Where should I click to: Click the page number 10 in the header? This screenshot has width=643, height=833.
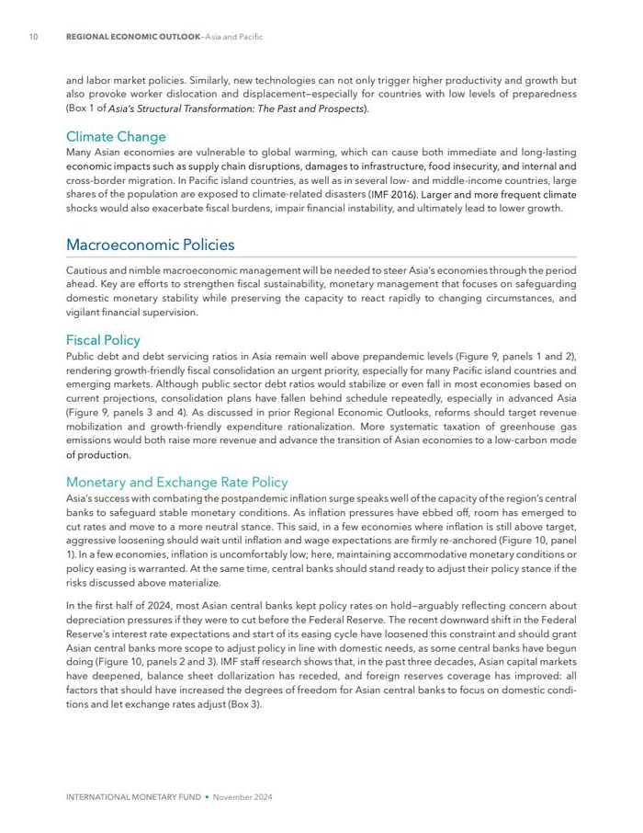point(33,37)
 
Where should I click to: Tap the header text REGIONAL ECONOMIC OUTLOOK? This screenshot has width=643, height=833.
point(133,37)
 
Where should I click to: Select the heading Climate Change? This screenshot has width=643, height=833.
point(116,137)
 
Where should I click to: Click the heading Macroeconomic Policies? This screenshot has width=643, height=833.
point(150,245)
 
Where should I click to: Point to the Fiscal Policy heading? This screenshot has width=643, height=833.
point(103,340)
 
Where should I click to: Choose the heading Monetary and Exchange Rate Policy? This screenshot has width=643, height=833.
point(176,482)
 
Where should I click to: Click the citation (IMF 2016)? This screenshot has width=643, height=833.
point(392,195)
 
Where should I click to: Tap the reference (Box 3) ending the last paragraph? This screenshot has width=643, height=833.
point(244,704)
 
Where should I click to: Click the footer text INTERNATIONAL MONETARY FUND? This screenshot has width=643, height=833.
point(134,797)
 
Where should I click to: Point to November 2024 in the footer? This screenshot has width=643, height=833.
point(243,797)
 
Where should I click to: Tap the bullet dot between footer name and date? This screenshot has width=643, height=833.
point(208,797)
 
